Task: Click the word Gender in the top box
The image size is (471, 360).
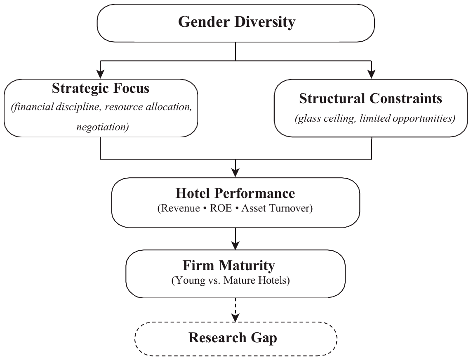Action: pos(204,22)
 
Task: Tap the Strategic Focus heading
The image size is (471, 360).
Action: pos(101,88)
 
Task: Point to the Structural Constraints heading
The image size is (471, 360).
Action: pos(370,99)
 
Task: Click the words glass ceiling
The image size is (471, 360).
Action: pos(325,118)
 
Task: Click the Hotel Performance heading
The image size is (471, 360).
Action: pos(235,193)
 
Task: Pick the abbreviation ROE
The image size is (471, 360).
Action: pos(221,208)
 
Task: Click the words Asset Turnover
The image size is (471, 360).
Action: pos(277,208)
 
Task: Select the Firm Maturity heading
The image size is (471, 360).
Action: pos(229,266)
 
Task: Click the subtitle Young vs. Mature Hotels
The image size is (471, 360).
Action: pos(231,280)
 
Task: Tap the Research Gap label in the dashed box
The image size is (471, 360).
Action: pos(233,337)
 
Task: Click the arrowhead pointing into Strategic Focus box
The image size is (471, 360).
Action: pos(100,74)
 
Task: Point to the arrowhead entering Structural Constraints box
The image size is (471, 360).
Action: pos(372,74)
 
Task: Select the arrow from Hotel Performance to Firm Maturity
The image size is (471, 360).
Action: pos(235,239)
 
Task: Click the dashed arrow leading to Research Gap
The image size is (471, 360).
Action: pos(235,310)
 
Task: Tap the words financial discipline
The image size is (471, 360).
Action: pos(55,107)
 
